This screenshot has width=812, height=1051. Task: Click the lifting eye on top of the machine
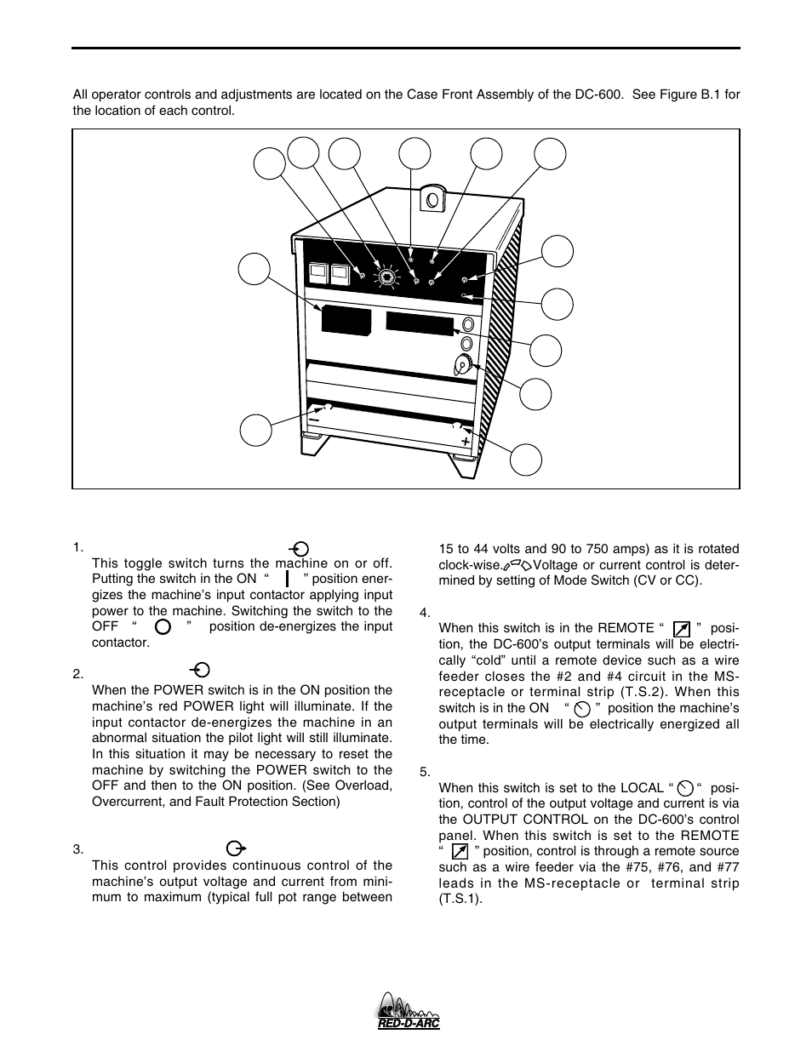(x=432, y=200)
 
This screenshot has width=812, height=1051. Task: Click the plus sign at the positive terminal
(x=466, y=442)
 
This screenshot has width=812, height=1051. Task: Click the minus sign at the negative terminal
(x=314, y=420)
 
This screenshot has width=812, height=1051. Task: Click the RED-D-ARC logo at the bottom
(x=408, y=1013)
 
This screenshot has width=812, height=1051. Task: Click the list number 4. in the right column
(x=426, y=613)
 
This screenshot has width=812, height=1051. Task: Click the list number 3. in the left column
(x=77, y=849)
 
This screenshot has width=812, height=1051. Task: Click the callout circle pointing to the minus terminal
(x=255, y=429)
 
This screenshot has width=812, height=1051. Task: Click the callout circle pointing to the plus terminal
(x=526, y=459)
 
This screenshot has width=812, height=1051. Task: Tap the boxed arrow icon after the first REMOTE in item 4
(x=680, y=629)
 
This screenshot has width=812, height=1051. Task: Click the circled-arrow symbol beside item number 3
(x=236, y=848)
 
